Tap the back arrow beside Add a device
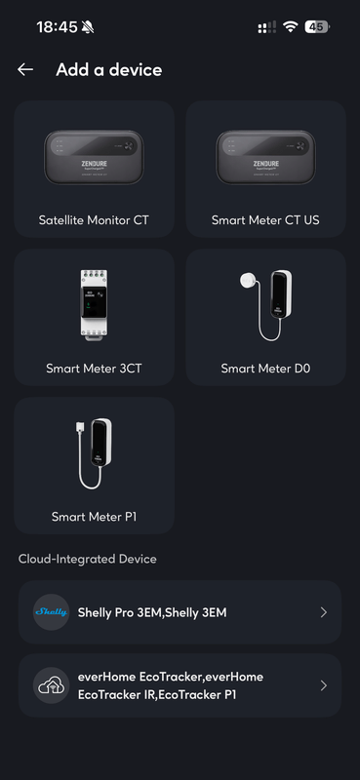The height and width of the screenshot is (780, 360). click(25, 69)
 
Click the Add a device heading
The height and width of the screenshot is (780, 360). click(109, 69)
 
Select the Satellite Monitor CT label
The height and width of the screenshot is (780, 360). click(94, 220)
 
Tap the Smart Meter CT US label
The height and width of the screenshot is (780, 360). click(265, 220)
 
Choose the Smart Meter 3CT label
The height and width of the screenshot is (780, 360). click(94, 369)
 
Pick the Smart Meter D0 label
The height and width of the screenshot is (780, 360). click(265, 369)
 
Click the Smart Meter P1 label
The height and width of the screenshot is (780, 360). click(94, 517)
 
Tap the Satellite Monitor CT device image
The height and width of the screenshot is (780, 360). click(94, 157)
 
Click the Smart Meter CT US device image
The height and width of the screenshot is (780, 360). click(265, 157)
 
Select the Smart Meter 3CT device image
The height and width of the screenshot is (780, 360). click(94, 305)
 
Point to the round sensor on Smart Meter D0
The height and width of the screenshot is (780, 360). click(248, 280)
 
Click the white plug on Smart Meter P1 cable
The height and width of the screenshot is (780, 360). click(80, 428)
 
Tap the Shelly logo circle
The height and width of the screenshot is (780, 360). click(52, 612)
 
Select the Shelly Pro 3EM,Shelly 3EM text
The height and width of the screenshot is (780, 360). click(152, 612)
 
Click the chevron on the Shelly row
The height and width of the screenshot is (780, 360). click(324, 612)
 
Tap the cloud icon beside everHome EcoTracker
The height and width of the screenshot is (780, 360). click(52, 685)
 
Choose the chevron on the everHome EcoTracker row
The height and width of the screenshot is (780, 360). click(324, 685)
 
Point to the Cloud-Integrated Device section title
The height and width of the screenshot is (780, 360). click(88, 559)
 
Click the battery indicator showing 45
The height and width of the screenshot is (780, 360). click(317, 27)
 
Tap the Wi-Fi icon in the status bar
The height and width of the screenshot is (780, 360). click(290, 27)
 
